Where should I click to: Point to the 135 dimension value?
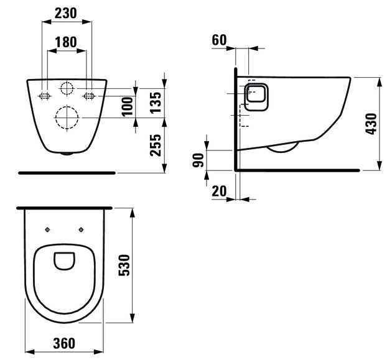coord(157,99)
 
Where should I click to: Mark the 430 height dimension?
coord(373,124)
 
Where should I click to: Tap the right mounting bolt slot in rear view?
coord(88,96)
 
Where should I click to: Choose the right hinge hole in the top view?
coord(81,229)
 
